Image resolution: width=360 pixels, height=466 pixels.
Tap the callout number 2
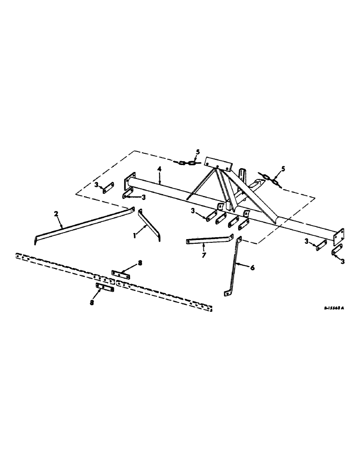[56, 213]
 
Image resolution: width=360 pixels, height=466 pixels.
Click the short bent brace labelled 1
[150, 224]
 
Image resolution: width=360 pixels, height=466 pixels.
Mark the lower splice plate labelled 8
[105, 288]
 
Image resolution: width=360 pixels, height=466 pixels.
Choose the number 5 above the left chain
[197, 152]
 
